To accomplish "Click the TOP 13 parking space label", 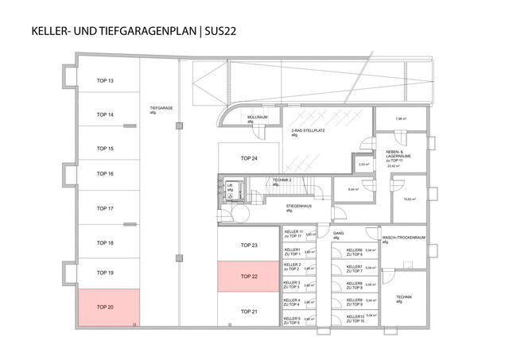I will [x=106, y=81].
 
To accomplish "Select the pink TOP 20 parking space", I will [x=108, y=307].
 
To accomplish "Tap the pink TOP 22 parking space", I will [x=249, y=277].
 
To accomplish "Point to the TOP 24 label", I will [x=249, y=159].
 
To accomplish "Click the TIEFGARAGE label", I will [x=161, y=110].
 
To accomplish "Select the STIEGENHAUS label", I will [x=300, y=207].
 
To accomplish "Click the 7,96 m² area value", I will [x=402, y=120].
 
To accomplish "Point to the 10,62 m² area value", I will [x=410, y=199].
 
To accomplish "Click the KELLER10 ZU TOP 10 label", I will [x=355, y=319].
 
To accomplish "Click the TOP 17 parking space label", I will [x=106, y=208].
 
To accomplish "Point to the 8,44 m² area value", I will [x=353, y=190].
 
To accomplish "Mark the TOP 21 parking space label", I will [x=249, y=311].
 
